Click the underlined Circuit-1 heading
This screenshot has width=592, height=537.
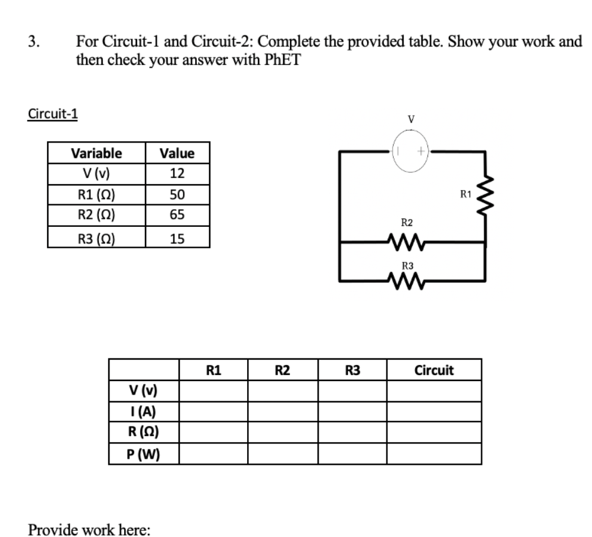pos(53,114)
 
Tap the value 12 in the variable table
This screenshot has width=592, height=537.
pos(177,174)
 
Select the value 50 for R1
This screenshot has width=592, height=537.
pos(177,194)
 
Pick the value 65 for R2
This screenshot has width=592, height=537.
pos(177,215)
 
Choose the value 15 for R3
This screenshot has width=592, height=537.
pos(177,237)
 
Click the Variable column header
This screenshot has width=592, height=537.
pos(96,153)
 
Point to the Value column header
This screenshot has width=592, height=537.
pos(177,153)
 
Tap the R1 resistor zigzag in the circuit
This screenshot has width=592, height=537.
pos(487,196)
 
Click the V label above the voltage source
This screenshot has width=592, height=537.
pos(411,119)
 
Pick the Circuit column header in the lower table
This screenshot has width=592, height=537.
pos(434,370)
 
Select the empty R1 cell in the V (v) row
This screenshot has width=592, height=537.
pos(213,390)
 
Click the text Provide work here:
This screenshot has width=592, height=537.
pos(89,529)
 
